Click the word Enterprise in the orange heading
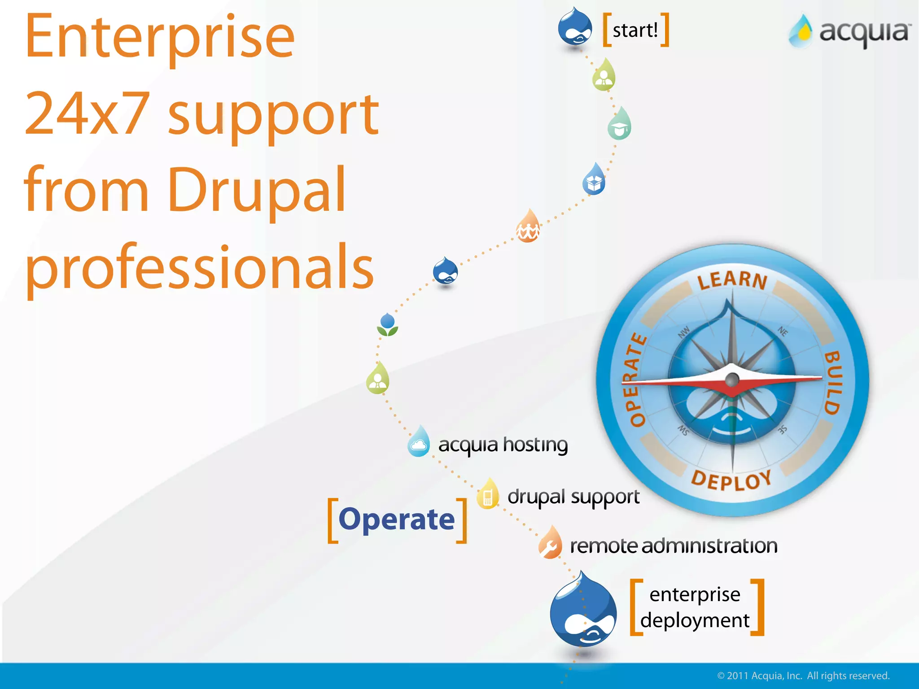click(x=160, y=38)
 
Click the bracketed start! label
click(x=635, y=31)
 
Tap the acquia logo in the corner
click(x=849, y=31)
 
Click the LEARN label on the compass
click(x=732, y=280)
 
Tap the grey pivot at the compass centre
click(x=732, y=380)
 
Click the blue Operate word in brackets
click(x=397, y=519)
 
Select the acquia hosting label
click(x=503, y=445)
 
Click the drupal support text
click(x=573, y=497)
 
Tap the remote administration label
click(x=673, y=546)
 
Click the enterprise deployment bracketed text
click(x=695, y=607)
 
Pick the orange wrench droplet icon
click(x=551, y=544)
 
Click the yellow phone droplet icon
click(x=488, y=495)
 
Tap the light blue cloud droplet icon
click(x=419, y=442)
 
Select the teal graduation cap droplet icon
click(x=620, y=125)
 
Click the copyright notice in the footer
click(x=803, y=676)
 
